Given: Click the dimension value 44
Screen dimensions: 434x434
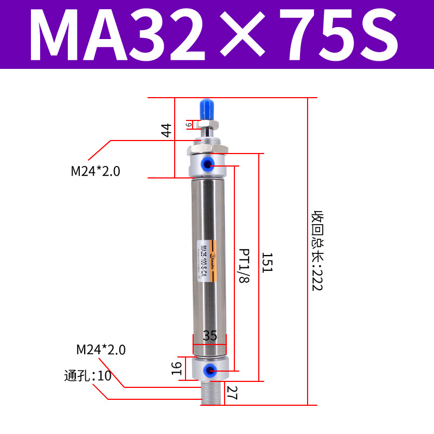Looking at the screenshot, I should [167, 130].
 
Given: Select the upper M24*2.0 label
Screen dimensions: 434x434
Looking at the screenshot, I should [95, 171].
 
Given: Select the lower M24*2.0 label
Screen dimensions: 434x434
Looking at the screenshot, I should [101, 350].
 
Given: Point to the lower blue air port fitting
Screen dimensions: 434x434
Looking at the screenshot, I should [208, 371].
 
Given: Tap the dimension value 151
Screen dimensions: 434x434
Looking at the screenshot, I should [266, 263].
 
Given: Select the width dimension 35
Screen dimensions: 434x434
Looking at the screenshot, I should [210, 336].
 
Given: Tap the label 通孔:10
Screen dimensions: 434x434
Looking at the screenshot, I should [87, 375].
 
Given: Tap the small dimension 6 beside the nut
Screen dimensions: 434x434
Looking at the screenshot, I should [189, 125].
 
